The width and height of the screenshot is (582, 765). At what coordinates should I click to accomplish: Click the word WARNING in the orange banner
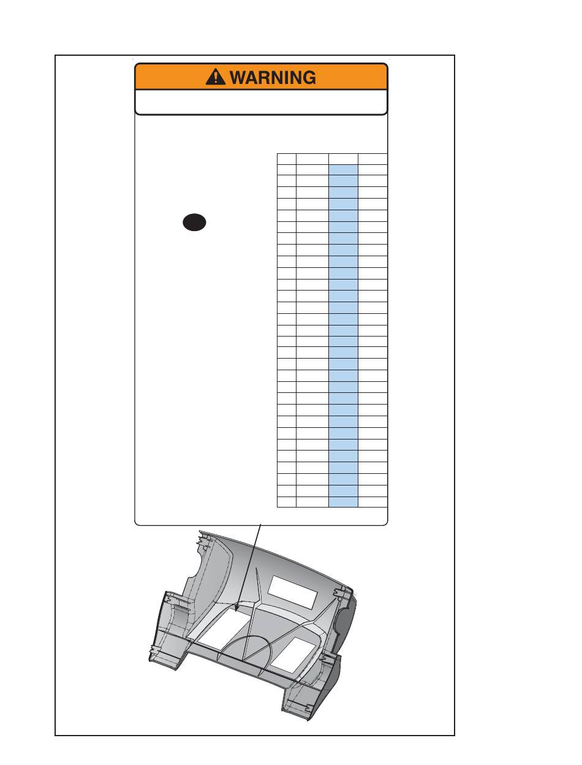click(273, 77)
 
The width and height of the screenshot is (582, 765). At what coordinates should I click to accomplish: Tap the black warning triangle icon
click(216, 77)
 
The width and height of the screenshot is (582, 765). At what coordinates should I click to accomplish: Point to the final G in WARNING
click(309, 77)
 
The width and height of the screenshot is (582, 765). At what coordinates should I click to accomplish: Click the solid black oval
click(194, 223)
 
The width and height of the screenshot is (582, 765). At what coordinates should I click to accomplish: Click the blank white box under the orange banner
click(261, 102)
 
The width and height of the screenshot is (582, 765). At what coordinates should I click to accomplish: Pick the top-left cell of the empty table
click(287, 159)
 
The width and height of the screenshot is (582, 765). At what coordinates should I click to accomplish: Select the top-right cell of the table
click(372, 159)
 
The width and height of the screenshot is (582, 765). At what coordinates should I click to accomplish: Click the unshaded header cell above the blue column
click(344, 159)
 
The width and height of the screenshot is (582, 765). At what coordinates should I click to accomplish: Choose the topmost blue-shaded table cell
click(344, 170)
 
